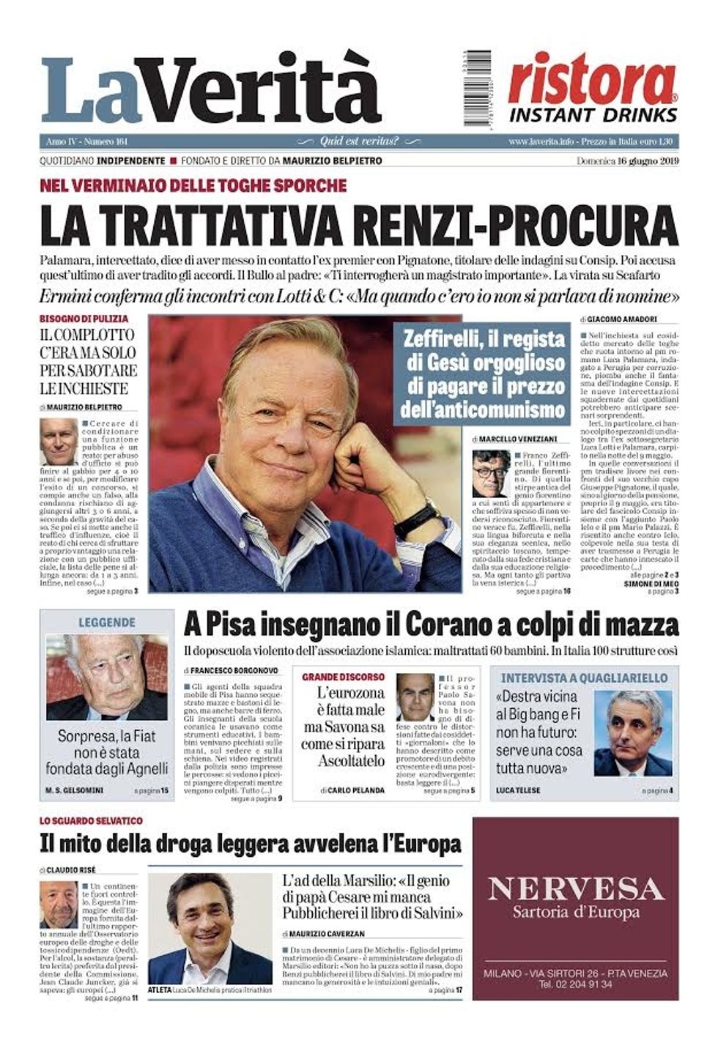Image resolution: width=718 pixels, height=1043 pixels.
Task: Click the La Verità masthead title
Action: coord(211,92)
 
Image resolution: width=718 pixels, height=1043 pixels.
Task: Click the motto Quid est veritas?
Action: coord(359,141)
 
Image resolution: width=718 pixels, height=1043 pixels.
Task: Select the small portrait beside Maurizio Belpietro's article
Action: coord(58,442)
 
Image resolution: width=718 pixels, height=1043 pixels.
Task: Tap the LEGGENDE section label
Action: coord(107,623)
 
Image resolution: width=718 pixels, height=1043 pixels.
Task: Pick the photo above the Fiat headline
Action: coord(107,678)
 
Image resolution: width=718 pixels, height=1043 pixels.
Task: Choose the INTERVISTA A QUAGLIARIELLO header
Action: coord(584,678)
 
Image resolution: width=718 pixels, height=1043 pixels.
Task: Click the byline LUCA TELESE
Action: coord(519,790)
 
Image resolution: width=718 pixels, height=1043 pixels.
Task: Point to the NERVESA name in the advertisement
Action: coord(575,889)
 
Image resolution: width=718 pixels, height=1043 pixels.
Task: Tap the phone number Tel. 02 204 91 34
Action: coord(575,984)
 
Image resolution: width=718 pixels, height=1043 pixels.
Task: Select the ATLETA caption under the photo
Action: coord(159,990)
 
